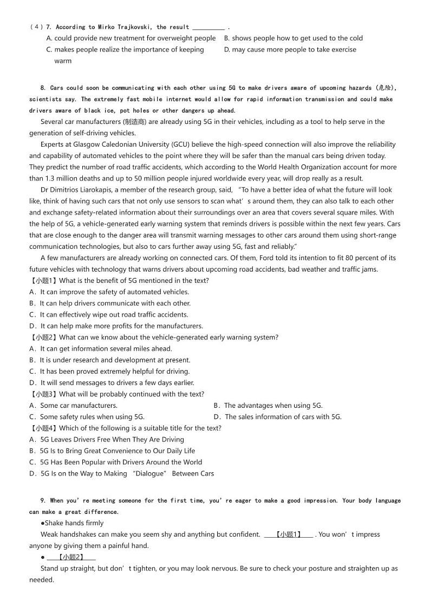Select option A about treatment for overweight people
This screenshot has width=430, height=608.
tap(131, 38)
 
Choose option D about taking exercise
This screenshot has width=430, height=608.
tap(290, 50)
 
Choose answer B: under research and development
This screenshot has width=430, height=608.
tap(110, 360)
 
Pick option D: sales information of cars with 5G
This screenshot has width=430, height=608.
tap(277, 417)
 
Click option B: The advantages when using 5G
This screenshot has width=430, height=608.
tap(268, 406)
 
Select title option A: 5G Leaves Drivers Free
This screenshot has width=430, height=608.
tap(107, 440)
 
